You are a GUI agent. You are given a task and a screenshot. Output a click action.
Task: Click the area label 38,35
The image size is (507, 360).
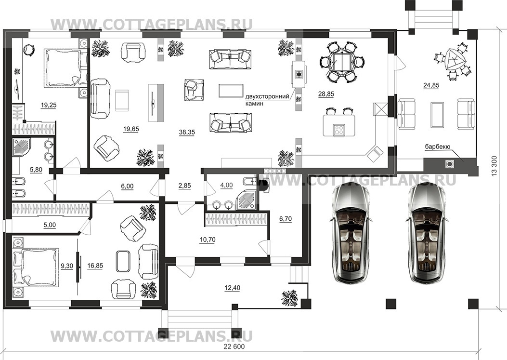pos(186,132)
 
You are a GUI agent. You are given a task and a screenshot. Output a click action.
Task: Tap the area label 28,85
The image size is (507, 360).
pos(326,94)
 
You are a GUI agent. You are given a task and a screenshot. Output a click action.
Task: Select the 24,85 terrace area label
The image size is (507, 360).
pos(431,85)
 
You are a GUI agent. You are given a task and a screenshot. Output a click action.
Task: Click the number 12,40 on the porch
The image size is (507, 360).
pos(232,288)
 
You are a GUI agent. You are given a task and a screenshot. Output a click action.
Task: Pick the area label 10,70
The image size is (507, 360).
pos(208,240)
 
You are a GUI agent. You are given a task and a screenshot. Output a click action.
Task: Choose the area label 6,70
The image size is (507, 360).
pos(286,219)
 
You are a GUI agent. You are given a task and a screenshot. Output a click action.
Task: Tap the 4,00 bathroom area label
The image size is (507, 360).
pos(226,185)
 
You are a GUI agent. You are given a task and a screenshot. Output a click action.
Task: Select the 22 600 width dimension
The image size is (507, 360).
pos(234,347)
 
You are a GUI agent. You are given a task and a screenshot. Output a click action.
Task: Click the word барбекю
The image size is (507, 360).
pos(438,147)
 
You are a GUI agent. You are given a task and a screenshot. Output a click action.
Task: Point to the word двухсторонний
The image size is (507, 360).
pos(267,97)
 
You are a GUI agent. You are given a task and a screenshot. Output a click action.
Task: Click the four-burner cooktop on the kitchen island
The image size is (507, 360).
pos(339,131)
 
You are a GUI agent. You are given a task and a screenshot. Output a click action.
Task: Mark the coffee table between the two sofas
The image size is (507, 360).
pos(231,90)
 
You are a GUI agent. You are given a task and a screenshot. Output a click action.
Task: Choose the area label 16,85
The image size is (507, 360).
pos(95,266)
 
